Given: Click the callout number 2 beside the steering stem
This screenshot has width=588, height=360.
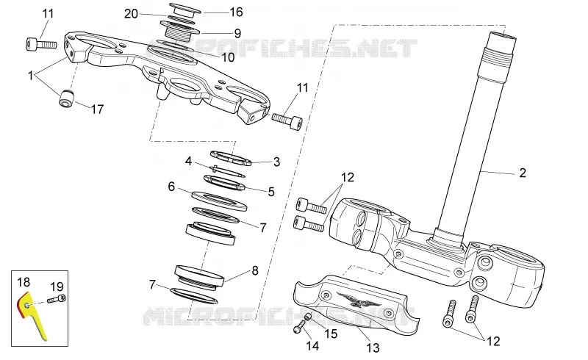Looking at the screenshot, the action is [523, 173].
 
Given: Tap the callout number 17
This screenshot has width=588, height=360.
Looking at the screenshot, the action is [97, 109].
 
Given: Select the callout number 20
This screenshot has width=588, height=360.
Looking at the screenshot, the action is [131, 14].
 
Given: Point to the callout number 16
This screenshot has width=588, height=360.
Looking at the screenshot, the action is [236, 12].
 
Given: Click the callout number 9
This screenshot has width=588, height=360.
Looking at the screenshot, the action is [237, 33].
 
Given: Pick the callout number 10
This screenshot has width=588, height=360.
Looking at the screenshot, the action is [228, 57].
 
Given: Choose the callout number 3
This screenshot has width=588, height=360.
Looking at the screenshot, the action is [277, 162].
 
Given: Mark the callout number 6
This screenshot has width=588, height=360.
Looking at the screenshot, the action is [171, 187].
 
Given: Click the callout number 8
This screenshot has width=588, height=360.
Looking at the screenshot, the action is [255, 271].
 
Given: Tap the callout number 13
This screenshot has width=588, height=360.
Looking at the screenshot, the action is [373, 348].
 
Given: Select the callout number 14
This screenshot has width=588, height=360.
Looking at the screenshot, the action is [312, 346].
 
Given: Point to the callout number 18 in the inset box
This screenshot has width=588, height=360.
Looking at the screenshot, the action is [24, 282].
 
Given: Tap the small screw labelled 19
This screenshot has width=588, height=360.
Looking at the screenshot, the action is [57, 299].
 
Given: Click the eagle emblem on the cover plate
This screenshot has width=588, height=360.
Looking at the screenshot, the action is [358, 300].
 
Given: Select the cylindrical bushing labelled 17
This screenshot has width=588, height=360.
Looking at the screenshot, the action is [66, 98].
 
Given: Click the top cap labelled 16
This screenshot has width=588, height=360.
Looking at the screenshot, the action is [185, 10].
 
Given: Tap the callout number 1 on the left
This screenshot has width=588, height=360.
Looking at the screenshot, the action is [31, 76].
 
